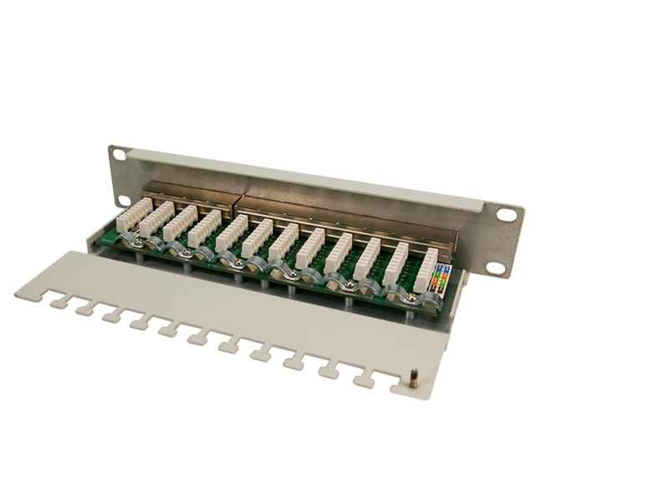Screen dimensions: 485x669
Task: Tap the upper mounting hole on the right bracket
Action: click(x=507, y=215)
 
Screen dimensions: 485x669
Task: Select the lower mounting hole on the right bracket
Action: click(x=496, y=268)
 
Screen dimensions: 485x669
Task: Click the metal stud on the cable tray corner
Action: click(x=414, y=380)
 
